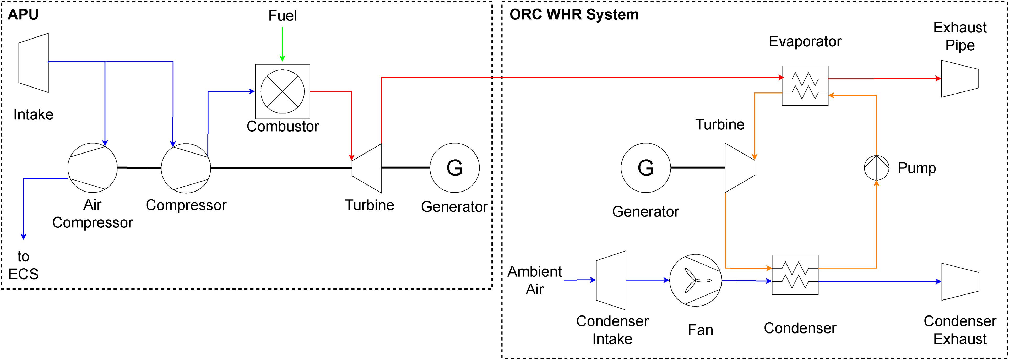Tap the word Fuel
pyautogui.click(x=283, y=16)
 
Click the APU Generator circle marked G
pyautogui.click(x=454, y=168)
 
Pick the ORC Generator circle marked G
pyautogui.click(x=645, y=168)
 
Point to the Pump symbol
pyautogui.click(x=876, y=168)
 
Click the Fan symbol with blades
pyautogui.click(x=695, y=280)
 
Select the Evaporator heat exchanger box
pyautogui.click(x=805, y=85)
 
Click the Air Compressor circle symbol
pyautogui.click(x=93, y=168)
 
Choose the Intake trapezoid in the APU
pyautogui.click(x=34, y=63)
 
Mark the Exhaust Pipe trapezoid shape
pyautogui.click(x=960, y=78)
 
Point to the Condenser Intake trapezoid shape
pyautogui.click(x=611, y=280)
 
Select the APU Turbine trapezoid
pyautogui.click(x=367, y=168)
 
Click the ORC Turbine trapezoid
pyautogui.click(x=740, y=168)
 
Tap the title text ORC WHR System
pyautogui.click(x=574, y=14)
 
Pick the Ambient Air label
pyautogui.click(x=535, y=280)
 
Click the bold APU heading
pyautogui.click(x=23, y=14)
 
